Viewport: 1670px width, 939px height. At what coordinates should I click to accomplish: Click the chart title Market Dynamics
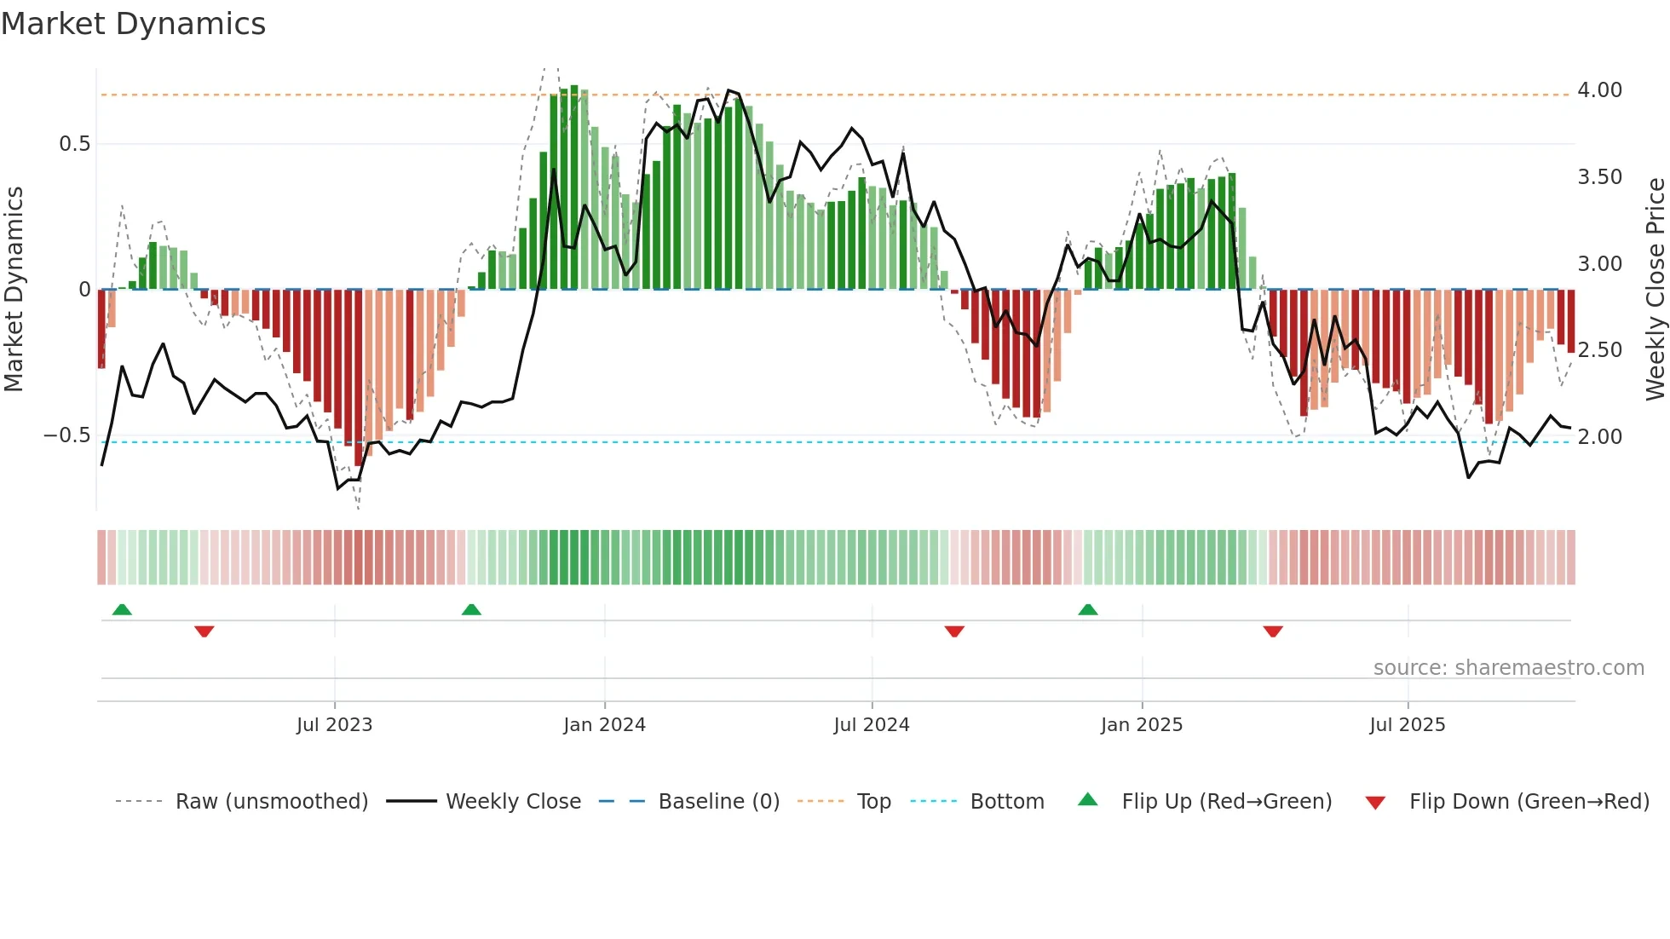coord(133,24)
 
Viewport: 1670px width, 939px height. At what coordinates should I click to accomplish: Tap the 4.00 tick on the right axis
coord(1599,90)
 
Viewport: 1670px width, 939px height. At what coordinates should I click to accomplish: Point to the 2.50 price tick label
coord(1599,350)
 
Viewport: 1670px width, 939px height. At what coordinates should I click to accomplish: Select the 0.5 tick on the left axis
coord(75,144)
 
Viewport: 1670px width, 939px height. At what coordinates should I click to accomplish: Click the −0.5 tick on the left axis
coord(67,435)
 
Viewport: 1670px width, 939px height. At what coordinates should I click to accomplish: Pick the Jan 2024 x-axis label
coord(604,725)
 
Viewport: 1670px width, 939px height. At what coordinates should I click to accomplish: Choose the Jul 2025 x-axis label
coord(1407,725)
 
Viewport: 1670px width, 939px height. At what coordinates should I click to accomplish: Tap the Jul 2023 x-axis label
coord(334,725)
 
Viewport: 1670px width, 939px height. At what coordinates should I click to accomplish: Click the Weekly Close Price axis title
coord(1655,289)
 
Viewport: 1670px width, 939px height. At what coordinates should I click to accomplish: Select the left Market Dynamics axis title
coord(14,289)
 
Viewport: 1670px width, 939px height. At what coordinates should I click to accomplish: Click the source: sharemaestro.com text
coord(1508,668)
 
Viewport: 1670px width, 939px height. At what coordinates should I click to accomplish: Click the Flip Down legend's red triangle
coord(1374,803)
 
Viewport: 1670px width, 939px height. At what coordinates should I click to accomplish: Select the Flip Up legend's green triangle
coord(1087,800)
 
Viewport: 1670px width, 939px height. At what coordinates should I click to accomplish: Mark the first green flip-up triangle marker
coord(122,609)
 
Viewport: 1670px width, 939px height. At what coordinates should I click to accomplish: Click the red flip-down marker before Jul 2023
coord(204,631)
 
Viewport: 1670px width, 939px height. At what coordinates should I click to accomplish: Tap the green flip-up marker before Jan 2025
coord(1087,609)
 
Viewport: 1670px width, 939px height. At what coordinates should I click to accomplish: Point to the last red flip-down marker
coord(1272,631)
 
